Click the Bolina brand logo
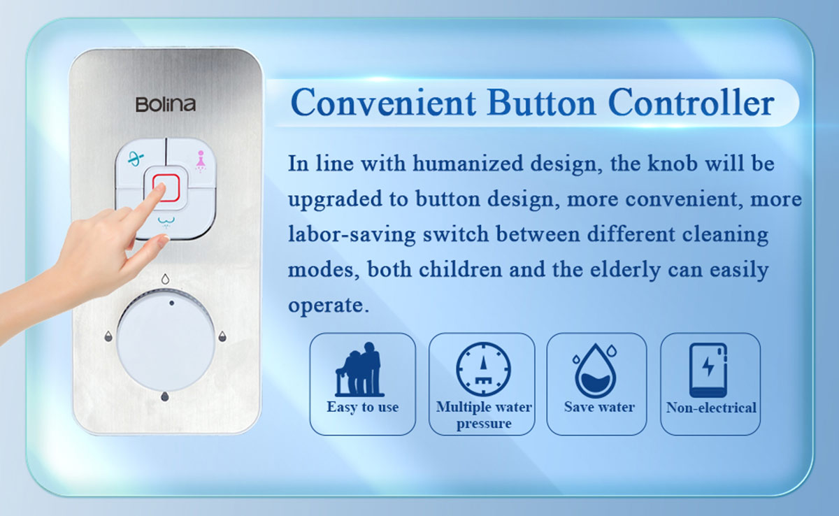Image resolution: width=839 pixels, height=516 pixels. pos(166,104)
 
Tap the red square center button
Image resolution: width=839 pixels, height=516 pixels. pos(166,187)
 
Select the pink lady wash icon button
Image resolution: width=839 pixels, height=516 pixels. pos(201,162)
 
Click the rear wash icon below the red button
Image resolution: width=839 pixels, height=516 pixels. pos(166,222)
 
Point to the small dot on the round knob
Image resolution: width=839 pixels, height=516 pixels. pos(171,303)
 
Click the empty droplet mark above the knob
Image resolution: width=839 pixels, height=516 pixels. pos(165,279)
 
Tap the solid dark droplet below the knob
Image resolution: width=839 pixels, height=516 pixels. pos(165,396)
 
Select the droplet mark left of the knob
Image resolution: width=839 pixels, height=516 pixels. pos(108,336)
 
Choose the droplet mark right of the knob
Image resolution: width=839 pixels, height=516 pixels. pos(222,336)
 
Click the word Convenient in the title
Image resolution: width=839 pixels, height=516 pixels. pos(383,102)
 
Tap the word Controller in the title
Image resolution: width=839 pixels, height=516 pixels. pos(691,102)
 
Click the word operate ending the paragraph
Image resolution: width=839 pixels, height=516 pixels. pos(328,305)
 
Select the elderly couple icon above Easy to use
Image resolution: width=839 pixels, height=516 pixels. pos(359,369)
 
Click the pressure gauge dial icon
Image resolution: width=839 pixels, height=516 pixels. pos(483,369)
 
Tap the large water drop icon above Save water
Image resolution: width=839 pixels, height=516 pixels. pos(596,371)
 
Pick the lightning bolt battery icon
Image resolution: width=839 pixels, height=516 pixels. pos(708,370)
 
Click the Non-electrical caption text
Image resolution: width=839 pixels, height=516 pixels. pos(711,408)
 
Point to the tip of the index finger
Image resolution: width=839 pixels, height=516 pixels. pos(162,186)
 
